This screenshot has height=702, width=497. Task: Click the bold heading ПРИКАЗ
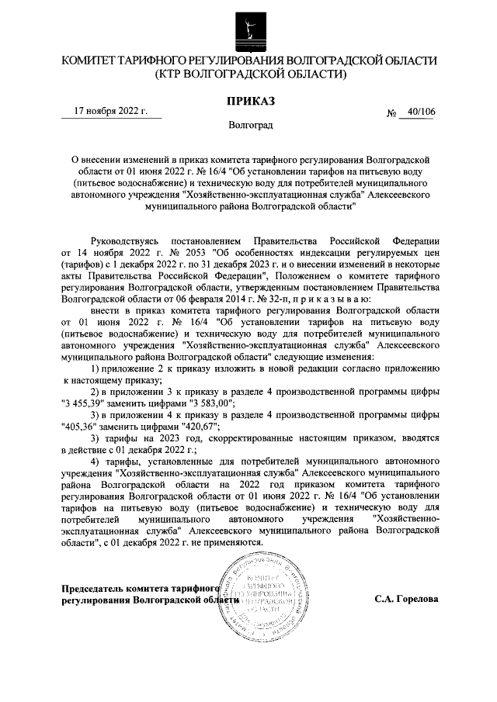(248, 100)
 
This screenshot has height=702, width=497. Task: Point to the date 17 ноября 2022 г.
(110, 111)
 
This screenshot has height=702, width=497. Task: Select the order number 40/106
(420, 112)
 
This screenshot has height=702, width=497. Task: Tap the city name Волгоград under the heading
(248, 124)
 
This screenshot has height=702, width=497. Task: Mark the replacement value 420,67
(197, 427)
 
